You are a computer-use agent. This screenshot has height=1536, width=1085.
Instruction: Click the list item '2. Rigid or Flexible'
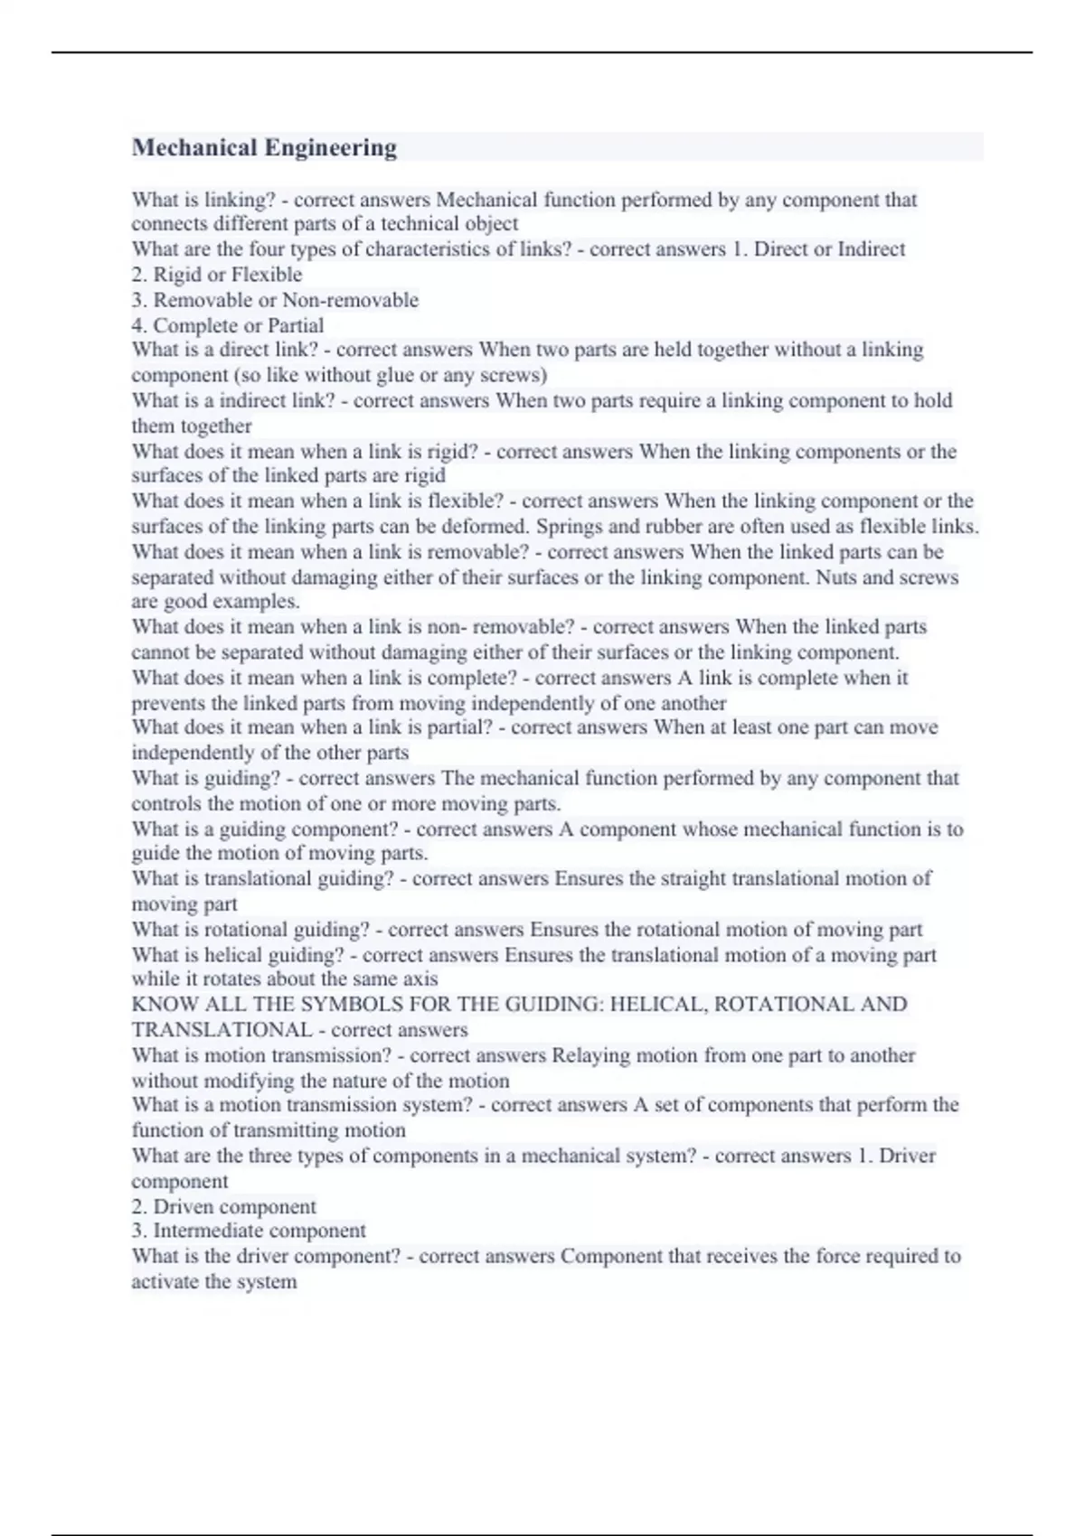(217, 275)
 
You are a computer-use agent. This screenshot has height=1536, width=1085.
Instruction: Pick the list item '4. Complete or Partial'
(227, 325)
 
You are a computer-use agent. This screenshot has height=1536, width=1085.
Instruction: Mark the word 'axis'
(418, 979)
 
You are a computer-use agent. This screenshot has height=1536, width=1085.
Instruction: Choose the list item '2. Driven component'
(223, 1207)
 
